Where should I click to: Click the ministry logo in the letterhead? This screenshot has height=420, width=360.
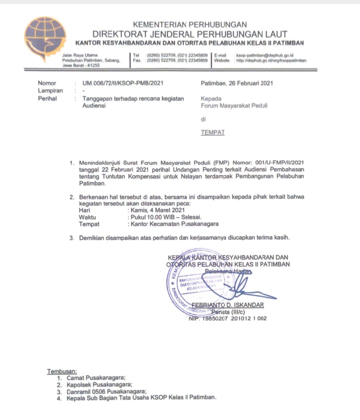[45, 39]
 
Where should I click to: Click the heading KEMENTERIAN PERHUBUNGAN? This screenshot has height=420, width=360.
[189, 25]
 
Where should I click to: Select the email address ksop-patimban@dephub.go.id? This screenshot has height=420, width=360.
[264, 55]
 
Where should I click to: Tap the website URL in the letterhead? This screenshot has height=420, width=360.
[271, 60]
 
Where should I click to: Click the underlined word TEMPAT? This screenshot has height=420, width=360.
[212, 133]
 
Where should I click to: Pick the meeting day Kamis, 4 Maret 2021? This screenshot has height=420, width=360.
[156, 210]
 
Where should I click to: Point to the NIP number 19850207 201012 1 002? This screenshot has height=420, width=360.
[231, 318]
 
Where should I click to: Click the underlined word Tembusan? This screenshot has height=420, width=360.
[61, 371]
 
